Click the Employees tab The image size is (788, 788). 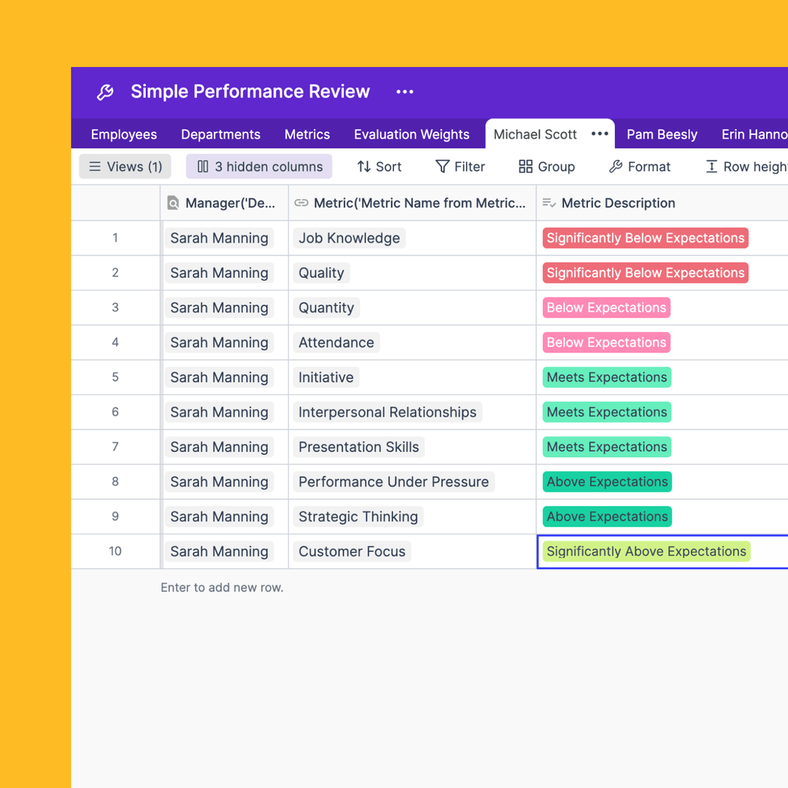(123, 134)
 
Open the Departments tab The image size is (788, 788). (220, 134)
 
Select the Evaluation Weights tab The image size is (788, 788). (412, 134)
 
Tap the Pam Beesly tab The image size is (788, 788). (662, 134)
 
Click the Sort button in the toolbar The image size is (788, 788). (379, 166)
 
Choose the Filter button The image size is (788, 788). (460, 166)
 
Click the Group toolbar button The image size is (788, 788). (546, 166)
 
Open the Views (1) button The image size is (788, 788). (125, 166)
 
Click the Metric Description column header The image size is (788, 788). (618, 203)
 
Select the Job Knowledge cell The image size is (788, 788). (349, 238)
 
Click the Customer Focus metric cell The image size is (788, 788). (352, 552)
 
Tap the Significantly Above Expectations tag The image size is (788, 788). (646, 552)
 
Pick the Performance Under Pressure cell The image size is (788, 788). (393, 482)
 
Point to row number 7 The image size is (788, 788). (115, 447)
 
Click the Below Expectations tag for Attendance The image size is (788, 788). (606, 342)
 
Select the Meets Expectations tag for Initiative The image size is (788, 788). (607, 377)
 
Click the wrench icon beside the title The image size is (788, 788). (105, 92)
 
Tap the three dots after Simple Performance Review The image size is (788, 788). (405, 92)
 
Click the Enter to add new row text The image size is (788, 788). (222, 587)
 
